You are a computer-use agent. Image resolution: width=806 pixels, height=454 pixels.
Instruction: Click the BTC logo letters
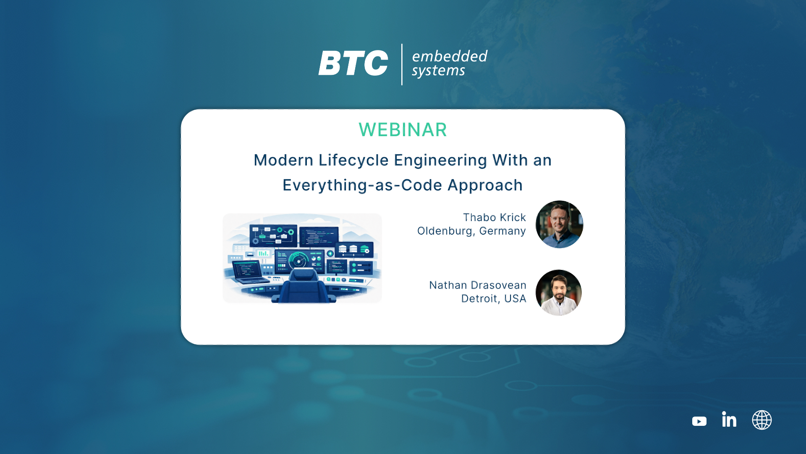click(353, 63)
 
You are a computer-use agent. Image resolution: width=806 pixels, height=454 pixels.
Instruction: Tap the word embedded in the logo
click(450, 56)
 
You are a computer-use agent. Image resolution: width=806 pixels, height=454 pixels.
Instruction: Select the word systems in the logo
click(438, 71)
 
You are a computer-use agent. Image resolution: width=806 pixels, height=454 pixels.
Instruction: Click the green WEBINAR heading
click(403, 129)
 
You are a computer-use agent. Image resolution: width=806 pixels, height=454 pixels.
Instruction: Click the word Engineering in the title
click(440, 161)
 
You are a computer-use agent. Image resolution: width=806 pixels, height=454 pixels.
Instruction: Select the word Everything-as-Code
click(362, 185)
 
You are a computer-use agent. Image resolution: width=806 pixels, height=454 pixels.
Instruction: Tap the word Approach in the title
click(485, 185)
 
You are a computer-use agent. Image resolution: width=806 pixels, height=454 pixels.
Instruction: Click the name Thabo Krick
click(495, 217)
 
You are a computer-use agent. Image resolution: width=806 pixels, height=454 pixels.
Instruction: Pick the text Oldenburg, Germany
click(471, 231)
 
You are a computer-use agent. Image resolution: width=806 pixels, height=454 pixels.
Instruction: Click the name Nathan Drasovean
click(478, 285)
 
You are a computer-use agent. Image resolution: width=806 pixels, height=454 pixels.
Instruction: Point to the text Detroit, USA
click(494, 298)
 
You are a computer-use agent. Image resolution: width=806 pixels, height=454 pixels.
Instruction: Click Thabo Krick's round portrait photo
click(559, 224)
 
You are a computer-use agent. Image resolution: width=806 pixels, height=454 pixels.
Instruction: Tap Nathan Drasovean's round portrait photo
click(559, 293)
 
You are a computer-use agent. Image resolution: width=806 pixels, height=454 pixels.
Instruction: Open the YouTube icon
click(699, 421)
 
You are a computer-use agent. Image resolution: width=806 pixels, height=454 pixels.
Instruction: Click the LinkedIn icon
click(729, 419)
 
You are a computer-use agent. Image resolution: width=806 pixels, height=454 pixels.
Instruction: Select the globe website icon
click(762, 420)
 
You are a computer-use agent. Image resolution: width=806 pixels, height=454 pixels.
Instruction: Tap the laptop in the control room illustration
click(250, 272)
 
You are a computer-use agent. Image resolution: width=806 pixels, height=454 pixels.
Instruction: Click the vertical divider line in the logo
click(402, 64)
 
